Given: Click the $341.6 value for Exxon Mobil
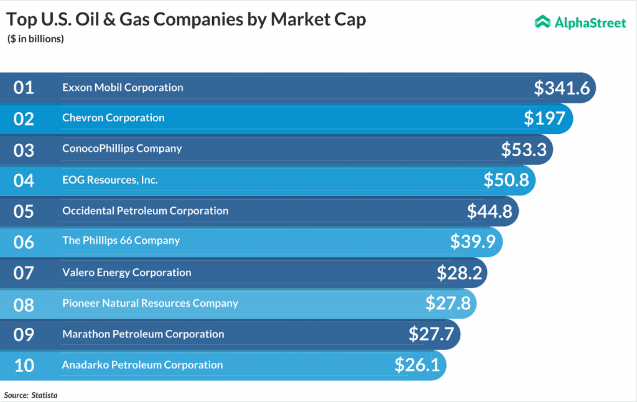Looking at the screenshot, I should tap(562, 88).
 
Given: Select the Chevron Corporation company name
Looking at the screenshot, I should tap(113, 118).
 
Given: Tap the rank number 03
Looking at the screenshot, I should tap(24, 150).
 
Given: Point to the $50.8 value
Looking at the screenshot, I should tap(506, 180).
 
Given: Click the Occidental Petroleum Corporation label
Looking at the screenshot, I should tap(145, 211).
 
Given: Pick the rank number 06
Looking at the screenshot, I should tap(24, 241).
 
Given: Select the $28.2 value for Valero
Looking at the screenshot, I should tap(459, 273).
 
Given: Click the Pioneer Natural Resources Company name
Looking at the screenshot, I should tap(150, 303).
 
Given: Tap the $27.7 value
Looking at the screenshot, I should tap(431, 334).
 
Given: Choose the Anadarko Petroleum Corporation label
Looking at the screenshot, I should tap(142, 365).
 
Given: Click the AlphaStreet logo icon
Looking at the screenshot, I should tap(542, 22).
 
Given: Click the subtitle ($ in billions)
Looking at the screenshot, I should tap(35, 39).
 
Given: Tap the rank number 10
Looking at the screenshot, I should tap(24, 365).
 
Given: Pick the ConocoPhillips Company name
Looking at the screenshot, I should tap(122, 149).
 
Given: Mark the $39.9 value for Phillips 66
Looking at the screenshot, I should tap(473, 241).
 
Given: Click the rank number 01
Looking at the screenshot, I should tap(24, 88).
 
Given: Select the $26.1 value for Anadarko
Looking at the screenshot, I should tap(417, 365).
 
